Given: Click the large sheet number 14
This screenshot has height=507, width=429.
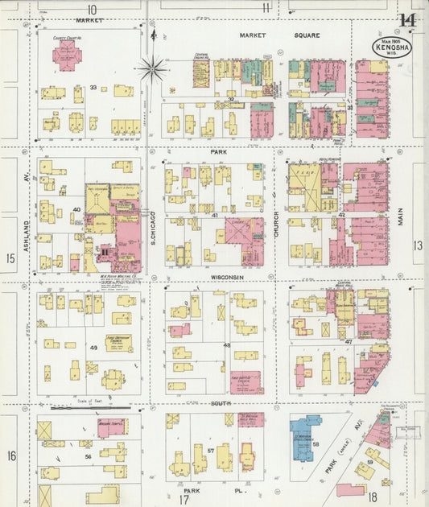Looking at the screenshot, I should click(406, 20).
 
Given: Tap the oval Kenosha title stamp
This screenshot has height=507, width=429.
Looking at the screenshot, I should click(392, 47).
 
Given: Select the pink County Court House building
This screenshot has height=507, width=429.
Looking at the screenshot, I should click(66, 56).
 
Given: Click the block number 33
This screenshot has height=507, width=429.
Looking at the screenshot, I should click(93, 87).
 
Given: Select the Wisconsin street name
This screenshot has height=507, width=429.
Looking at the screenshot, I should click(227, 278).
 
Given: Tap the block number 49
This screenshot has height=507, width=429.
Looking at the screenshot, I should click(93, 347).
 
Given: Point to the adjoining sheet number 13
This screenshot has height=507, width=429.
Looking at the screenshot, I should click(417, 245).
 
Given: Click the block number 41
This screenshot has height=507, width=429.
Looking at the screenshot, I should click(215, 216).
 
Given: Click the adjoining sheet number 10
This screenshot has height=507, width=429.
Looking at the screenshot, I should click(92, 8).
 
